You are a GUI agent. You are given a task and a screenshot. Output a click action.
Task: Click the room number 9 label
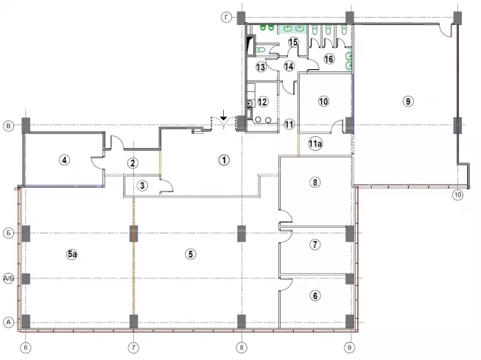(x=408, y=101)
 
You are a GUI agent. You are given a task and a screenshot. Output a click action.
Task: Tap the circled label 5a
(x=72, y=254)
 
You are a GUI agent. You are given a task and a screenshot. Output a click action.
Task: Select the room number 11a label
(x=315, y=144)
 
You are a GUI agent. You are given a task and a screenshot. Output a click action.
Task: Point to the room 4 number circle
(x=64, y=160)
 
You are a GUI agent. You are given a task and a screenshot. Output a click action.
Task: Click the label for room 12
(x=262, y=102)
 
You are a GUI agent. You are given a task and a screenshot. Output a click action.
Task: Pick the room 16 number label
(x=329, y=59)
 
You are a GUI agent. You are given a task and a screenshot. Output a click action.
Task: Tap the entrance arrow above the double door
(x=224, y=115)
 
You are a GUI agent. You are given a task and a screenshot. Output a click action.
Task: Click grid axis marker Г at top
(x=226, y=18)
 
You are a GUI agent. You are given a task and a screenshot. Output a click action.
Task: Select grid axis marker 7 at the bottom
(x=133, y=347)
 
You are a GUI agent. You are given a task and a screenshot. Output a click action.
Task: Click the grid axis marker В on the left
(x=8, y=126)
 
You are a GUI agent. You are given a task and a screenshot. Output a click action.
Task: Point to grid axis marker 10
(x=457, y=194)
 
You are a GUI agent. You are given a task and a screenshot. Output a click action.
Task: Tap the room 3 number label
(x=142, y=186)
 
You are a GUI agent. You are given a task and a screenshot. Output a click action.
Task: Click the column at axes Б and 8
(x=242, y=233)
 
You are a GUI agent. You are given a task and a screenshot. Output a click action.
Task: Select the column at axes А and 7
(x=134, y=322)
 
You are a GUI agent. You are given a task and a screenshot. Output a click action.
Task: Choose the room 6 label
(x=315, y=296)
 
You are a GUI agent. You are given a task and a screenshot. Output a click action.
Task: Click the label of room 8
(x=315, y=183)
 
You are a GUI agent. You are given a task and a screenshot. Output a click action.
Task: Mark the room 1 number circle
(x=224, y=160)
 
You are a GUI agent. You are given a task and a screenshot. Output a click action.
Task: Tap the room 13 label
(x=261, y=66)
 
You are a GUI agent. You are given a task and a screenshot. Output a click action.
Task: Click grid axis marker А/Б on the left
(x=8, y=279)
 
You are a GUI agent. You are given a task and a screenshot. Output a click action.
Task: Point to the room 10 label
(x=323, y=101)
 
